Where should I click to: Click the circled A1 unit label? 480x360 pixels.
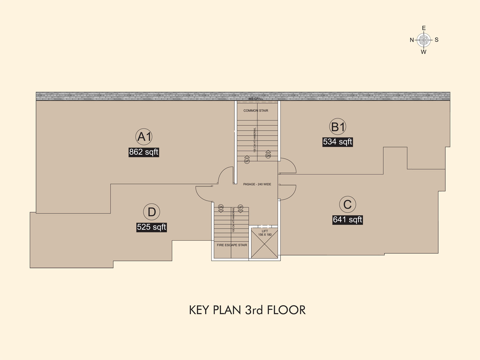[x=144, y=137]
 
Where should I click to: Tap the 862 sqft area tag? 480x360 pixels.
[x=144, y=152]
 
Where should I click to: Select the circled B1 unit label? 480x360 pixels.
[x=338, y=127]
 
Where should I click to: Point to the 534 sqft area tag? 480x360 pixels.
[x=338, y=142]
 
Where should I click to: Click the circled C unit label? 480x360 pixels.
[x=347, y=204]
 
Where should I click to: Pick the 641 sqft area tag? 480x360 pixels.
[x=347, y=219]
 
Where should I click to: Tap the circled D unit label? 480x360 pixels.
[x=151, y=212]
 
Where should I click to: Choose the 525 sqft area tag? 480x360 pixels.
[x=151, y=227]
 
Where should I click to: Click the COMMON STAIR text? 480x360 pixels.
[x=256, y=111]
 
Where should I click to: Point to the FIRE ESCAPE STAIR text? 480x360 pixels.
[x=232, y=245]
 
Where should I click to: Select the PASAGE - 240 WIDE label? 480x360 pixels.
[x=257, y=184]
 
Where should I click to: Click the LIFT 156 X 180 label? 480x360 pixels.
[x=265, y=233]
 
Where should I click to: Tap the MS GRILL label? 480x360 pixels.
[x=256, y=99]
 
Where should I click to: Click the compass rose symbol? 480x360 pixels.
[x=424, y=40]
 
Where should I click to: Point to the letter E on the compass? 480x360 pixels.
[x=424, y=28]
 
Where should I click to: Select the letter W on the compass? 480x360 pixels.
[x=424, y=52]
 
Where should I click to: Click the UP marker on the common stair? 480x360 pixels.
[x=247, y=160]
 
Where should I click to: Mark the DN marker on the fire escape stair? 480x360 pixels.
[x=221, y=208]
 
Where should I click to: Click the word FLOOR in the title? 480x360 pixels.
[x=286, y=310]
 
